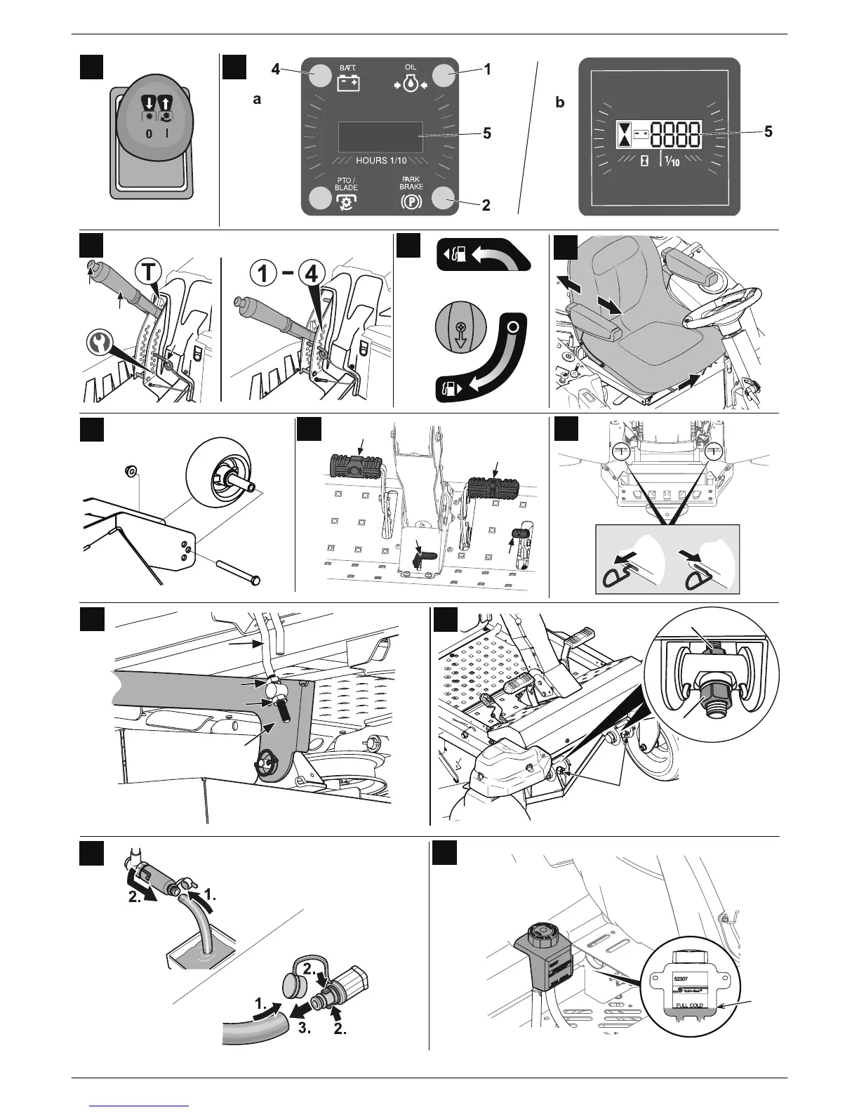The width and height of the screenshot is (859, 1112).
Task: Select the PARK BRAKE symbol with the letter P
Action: pos(411,202)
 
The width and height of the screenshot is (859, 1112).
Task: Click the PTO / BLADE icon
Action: pos(345,202)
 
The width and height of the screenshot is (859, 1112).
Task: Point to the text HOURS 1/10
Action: pos(381,161)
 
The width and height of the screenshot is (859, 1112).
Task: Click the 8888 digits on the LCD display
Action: pos(675,133)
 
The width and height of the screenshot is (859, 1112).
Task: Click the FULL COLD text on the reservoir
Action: pos(689,1005)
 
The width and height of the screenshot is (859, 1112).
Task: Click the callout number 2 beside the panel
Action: pos(486,206)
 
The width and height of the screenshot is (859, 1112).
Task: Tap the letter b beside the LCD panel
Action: pos(559,102)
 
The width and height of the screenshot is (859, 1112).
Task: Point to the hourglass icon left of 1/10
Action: pos(644,161)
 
